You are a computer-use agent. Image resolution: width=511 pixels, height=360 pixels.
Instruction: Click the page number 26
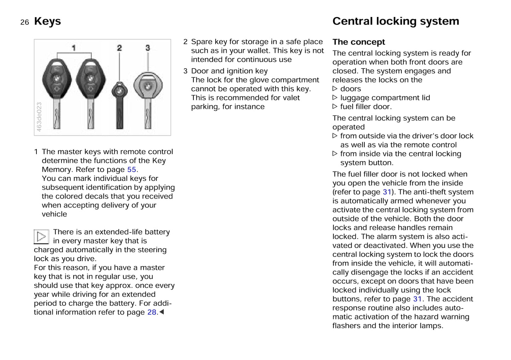click(x=24, y=22)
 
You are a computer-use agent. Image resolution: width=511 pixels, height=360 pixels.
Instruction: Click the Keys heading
click(x=47, y=21)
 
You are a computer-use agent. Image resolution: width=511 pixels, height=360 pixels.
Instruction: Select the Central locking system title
click(x=395, y=21)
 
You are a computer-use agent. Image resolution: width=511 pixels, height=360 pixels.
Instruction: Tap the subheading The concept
click(x=358, y=42)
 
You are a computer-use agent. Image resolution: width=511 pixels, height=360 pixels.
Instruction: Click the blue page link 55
click(x=132, y=170)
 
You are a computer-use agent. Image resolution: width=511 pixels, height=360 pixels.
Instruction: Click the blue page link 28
click(x=152, y=312)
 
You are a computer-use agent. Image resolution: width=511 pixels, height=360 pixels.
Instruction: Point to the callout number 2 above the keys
click(x=119, y=48)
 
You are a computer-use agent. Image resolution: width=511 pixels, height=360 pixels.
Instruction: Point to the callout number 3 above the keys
click(x=147, y=48)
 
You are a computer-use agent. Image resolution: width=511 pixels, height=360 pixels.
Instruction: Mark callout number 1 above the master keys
click(x=74, y=48)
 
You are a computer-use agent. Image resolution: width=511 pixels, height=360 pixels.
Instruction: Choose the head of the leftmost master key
click(x=57, y=79)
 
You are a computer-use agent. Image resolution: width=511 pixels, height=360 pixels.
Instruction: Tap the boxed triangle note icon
click(x=41, y=236)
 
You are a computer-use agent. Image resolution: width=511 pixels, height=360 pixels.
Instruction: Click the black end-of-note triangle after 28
click(x=162, y=312)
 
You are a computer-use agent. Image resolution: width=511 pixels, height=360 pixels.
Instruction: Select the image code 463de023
click(x=39, y=117)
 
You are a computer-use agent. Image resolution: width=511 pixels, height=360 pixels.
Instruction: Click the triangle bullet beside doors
click(x=335, y=89)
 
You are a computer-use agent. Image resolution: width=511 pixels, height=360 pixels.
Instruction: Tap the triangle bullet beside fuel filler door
click(x=335, y=107)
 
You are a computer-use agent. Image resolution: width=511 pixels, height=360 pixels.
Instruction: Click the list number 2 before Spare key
click(x=185, y=42)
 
